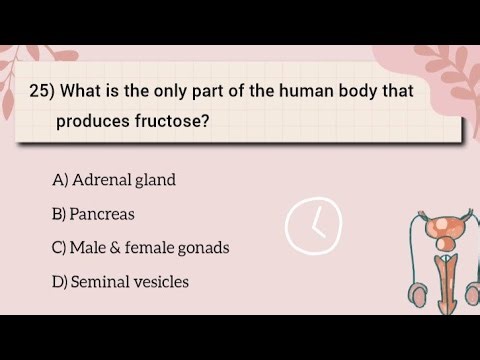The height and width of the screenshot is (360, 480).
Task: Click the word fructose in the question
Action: tap(181, 122)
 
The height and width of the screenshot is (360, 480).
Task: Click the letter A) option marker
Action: tap(60, 180)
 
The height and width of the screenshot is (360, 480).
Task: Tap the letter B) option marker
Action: tap(59, 214)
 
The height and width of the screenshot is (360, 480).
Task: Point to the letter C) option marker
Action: tap(60, 248)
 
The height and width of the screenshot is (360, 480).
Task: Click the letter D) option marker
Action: tap(60, 282)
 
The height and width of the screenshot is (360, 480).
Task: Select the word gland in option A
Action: tap(154, 180)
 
